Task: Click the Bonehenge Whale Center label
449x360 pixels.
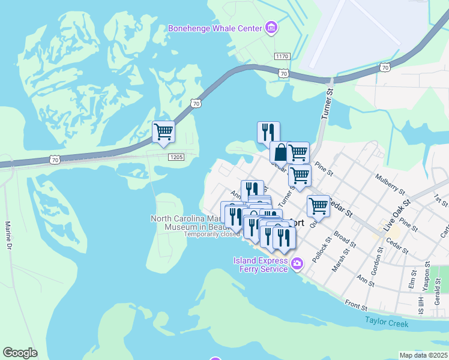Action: (x=215, y=28)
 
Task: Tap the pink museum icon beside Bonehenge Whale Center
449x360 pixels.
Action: (x=271, y=28)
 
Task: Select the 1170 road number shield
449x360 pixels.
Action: (x=282, y=56)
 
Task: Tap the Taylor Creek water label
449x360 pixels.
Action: (x=387, y=323)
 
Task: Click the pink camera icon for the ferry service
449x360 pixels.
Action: (x=297, y=264)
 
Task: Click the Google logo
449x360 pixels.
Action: (x=20, y=353)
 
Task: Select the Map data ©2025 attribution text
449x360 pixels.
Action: (x=424, y=355)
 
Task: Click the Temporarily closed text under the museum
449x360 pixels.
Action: (x=212, y=234)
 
